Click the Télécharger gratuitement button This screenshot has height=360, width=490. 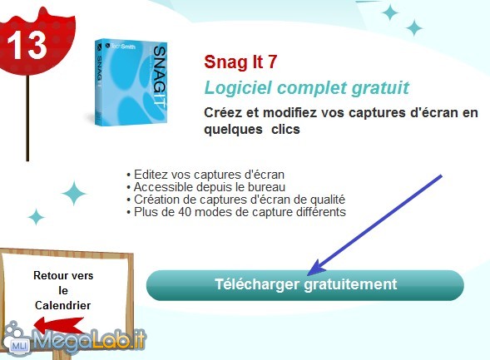[x=305, y=285]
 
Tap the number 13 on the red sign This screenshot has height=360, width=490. [x=27, y=45]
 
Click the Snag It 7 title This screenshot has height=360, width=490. [x=240, y=62]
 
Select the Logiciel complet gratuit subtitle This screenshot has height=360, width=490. [x=307, y=88]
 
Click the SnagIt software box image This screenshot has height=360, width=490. [x=131, y=82]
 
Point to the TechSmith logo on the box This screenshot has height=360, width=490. [x=121, y=47]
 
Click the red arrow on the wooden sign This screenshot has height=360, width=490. [x=58, y=325]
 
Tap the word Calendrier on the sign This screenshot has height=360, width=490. [x=63, y=305]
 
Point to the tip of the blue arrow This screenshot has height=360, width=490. [x=308, y=275]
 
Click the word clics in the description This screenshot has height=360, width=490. [x=285, y=129]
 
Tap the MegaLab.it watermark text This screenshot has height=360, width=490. [x=89, y=340]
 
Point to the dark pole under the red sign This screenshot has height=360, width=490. [x=27, y=118]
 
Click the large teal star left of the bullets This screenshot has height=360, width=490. [x=74, y=193]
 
